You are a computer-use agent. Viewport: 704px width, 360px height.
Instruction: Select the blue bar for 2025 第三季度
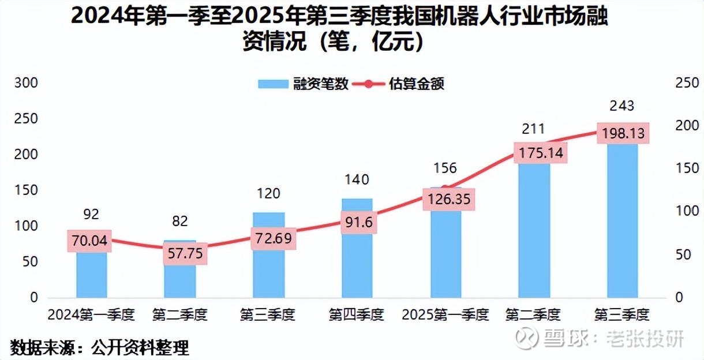pos(622,219)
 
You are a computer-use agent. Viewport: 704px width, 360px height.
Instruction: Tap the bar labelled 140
pos(357,265)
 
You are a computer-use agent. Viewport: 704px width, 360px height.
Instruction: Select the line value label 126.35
pos(449,200)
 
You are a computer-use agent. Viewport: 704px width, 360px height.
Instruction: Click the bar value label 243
pos(621,106)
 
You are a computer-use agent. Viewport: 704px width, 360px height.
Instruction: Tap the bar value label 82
pos(180,222)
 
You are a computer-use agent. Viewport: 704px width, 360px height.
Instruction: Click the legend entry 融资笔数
pos(304,84)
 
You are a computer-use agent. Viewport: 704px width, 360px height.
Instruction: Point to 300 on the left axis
pos(25,83)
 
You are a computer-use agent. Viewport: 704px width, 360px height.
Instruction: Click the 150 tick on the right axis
pos(687,169)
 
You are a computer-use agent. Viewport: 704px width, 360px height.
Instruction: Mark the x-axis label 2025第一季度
pos(445,315)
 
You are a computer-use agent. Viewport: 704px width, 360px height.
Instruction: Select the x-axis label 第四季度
pos(356,315)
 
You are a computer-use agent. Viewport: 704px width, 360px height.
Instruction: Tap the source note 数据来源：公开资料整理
pos(99,348)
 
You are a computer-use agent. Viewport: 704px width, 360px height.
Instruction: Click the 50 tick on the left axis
pos(29,262)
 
